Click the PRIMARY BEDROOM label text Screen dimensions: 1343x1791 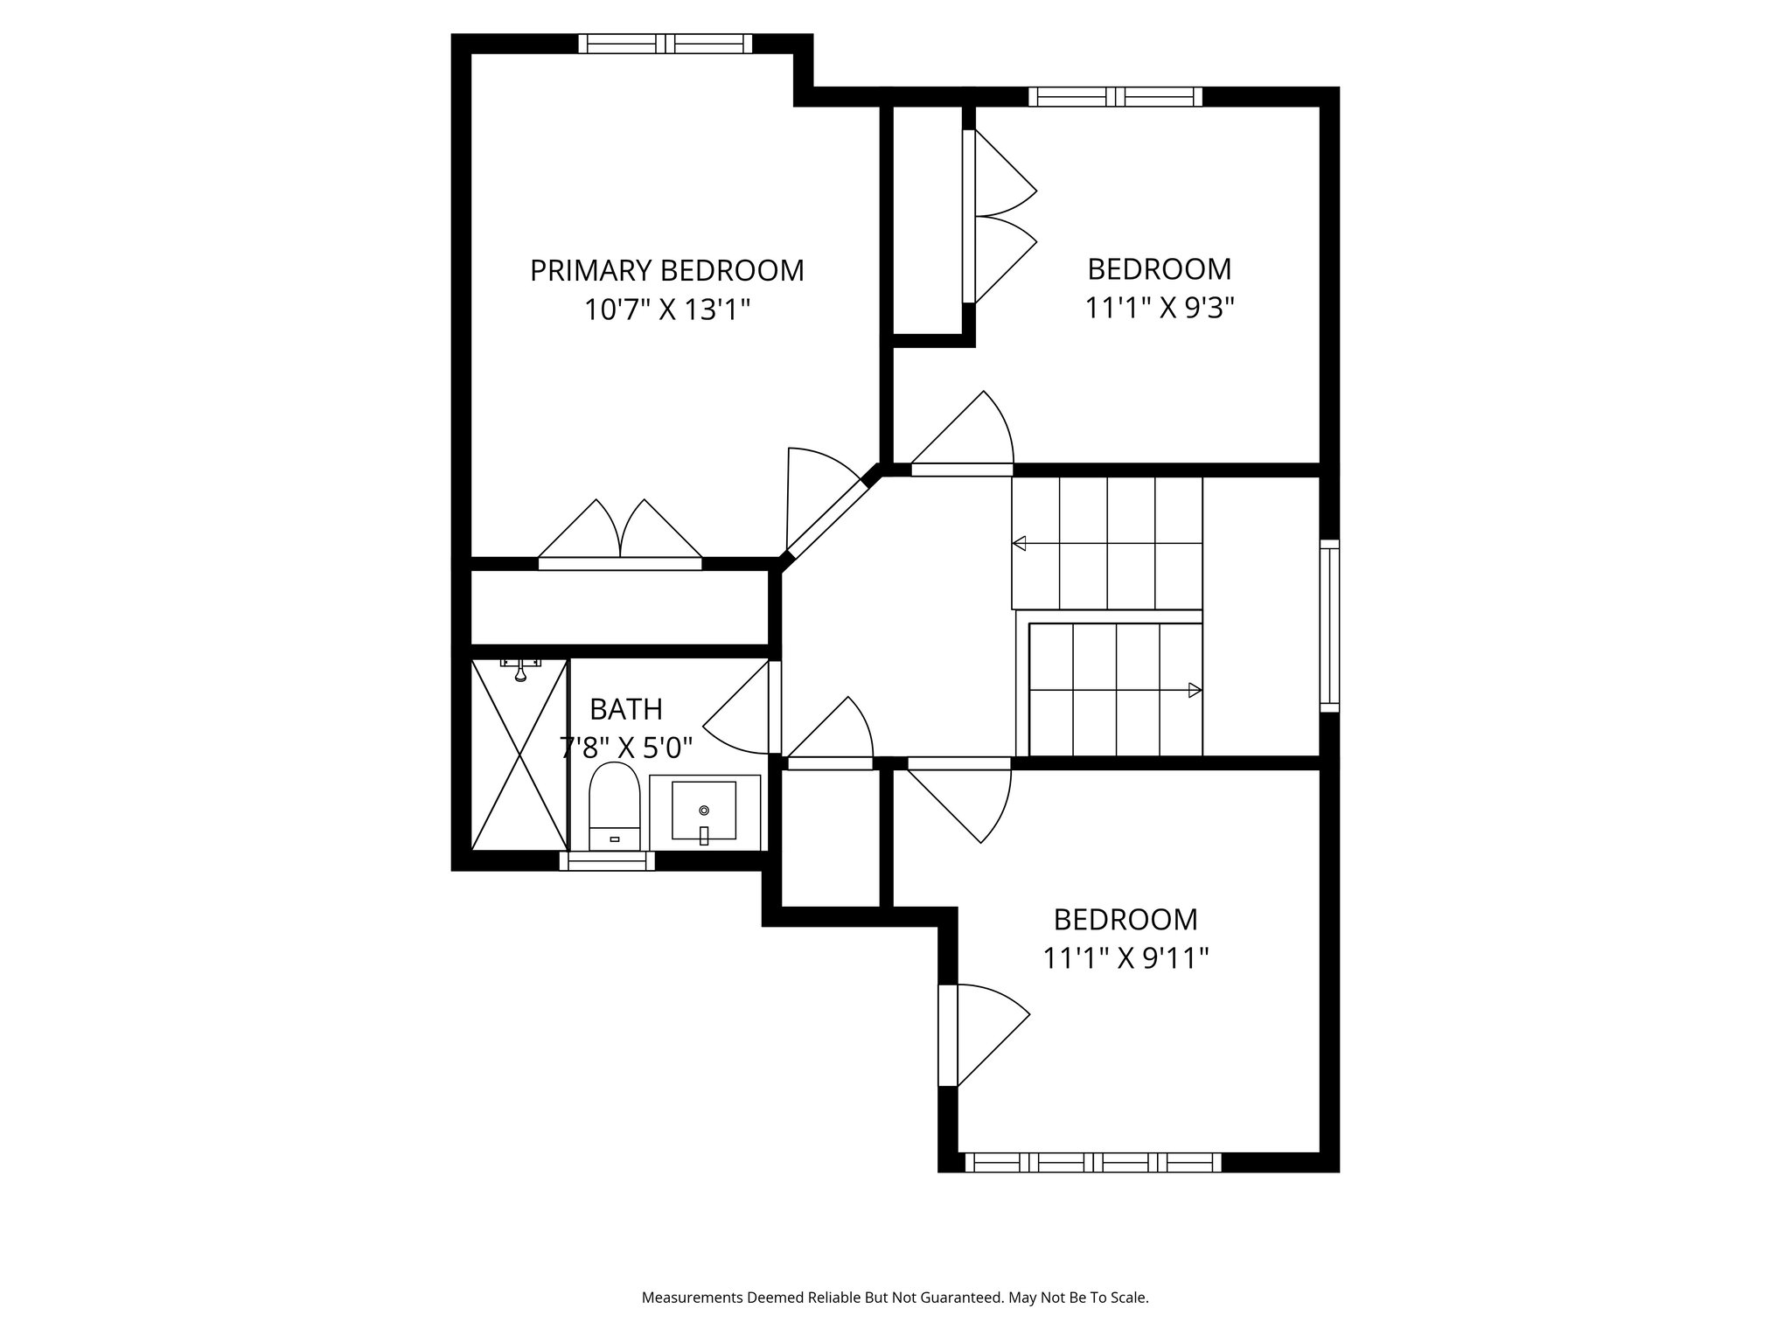666,271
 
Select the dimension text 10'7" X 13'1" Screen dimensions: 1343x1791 668,310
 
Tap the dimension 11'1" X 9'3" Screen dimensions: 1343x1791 1159,308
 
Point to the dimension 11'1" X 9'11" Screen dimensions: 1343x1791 1125,959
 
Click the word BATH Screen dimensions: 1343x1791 626,708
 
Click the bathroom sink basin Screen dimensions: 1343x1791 704,811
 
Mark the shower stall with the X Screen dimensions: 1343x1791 519,755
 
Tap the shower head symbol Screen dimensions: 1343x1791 520,670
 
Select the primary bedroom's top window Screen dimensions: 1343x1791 665,44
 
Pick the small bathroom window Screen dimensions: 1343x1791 607,861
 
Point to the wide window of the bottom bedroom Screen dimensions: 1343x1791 1093,1162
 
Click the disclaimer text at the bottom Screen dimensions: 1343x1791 895,1298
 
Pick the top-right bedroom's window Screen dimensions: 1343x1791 1115,96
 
